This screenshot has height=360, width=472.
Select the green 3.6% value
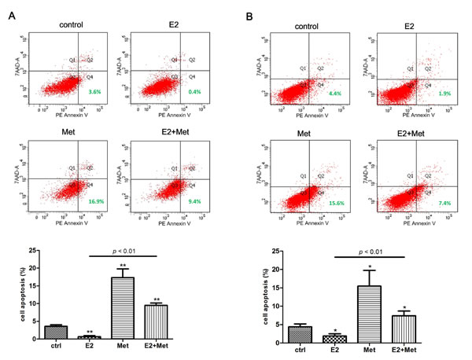point(94,92)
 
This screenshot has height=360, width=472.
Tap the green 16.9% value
point(94,200)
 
